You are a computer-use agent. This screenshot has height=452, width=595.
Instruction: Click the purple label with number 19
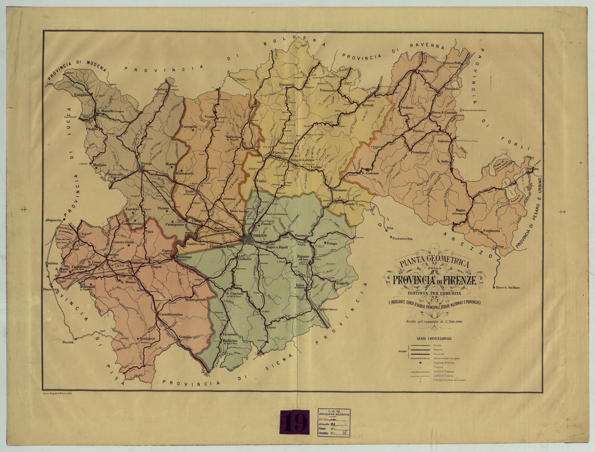(x=295, y=422)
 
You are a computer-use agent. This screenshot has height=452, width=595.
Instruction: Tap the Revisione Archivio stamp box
(x=334, y=423)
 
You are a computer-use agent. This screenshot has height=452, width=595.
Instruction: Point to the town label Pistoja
(x=146, y=163)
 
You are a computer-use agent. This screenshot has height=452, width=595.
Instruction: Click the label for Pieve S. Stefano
(x=507, y=287)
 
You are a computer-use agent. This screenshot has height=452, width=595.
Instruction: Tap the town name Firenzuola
(x=287, y=84)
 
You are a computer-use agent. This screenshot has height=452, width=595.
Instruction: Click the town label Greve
(x=271, y=328)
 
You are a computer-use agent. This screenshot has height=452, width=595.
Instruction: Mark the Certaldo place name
(x=185, y=338)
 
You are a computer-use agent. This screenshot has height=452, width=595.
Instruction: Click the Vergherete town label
(x=491, y=231)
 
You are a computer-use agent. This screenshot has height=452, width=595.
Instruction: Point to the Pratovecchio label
(x=402, y=239)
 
